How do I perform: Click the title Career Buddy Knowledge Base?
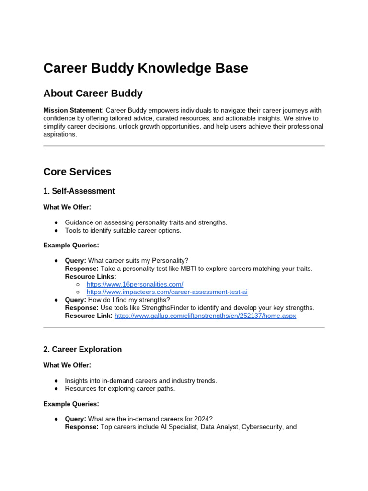pyautogui.click(x=146, y=69)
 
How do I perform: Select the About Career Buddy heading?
pyautogui.click(x=92, y=93)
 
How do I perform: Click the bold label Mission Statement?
pyautogui.click(x=73, y=110)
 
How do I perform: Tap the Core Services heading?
pyautogui.click(x=77, y=172)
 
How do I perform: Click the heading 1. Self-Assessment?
pyautogui.click(x=79, y=191)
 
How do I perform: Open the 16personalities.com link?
pyautogui.click(x=135, y=284)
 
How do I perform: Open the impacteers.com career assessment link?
pyautogui.click(x=167, y=292)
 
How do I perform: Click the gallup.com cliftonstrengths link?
pyautogui.click(x=205, y=316)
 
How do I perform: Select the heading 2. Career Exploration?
pyautogui.click(x=82, y=350)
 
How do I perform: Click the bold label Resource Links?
pyautogui.click(x=91, y=277)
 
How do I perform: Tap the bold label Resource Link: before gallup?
pyautogui.click(x=89, y=316)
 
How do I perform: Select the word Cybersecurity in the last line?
pyautogui.click(x=264, y=427)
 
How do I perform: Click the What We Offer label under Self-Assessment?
pyautogui.click(x=67, y=207)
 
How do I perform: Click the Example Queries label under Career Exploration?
pyautogui.click(x=71, y=404)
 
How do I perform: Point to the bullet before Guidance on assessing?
pyautogui.click(x=57, y=222)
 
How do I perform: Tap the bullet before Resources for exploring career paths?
pyautogui.click(x=57, y=388)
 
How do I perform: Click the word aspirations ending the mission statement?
pyautogui.click(x=60, y=135)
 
